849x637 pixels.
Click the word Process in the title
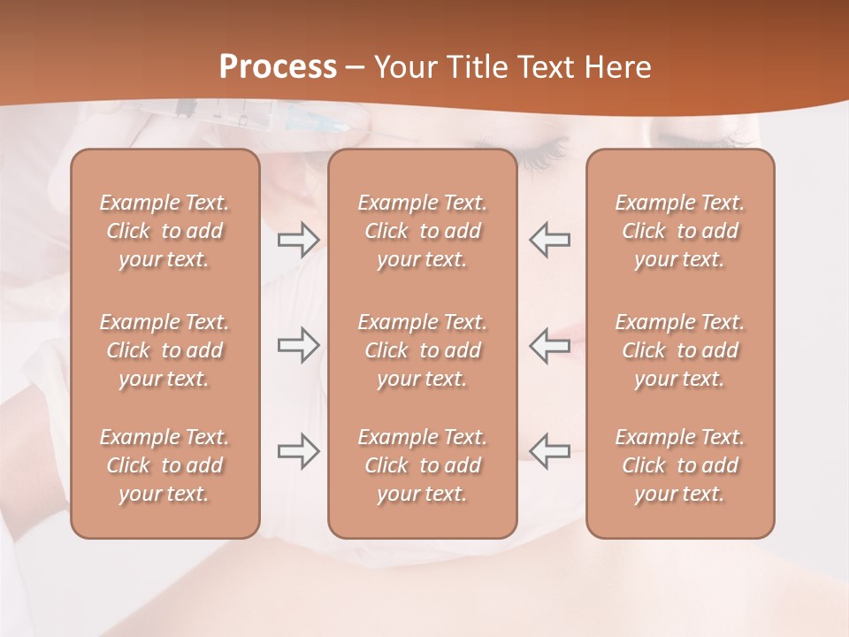(x=278, y=67)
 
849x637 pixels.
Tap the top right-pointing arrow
(x=299, y=239)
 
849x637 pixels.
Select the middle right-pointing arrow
(x=299, y=345)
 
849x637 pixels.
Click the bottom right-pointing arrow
(x=299, y=450)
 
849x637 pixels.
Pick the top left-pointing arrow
(x=550, y=239)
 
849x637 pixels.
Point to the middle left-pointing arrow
(x=550, y=345)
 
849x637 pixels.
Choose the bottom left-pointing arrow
(x=550, y=450)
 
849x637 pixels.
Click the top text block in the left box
(x=164, y=231)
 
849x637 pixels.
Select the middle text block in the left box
(x=164, y=350)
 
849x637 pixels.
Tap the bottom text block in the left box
(x=164, y=465)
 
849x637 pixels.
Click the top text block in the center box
(x=423, y=231)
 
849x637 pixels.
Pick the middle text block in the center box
(x=423, y=350)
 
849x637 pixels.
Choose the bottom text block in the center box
(x=423, y=465)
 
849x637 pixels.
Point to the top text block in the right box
(x=680, y=231)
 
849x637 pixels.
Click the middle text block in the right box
(x=680, y=350)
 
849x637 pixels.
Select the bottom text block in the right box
(x=680, y=465)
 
